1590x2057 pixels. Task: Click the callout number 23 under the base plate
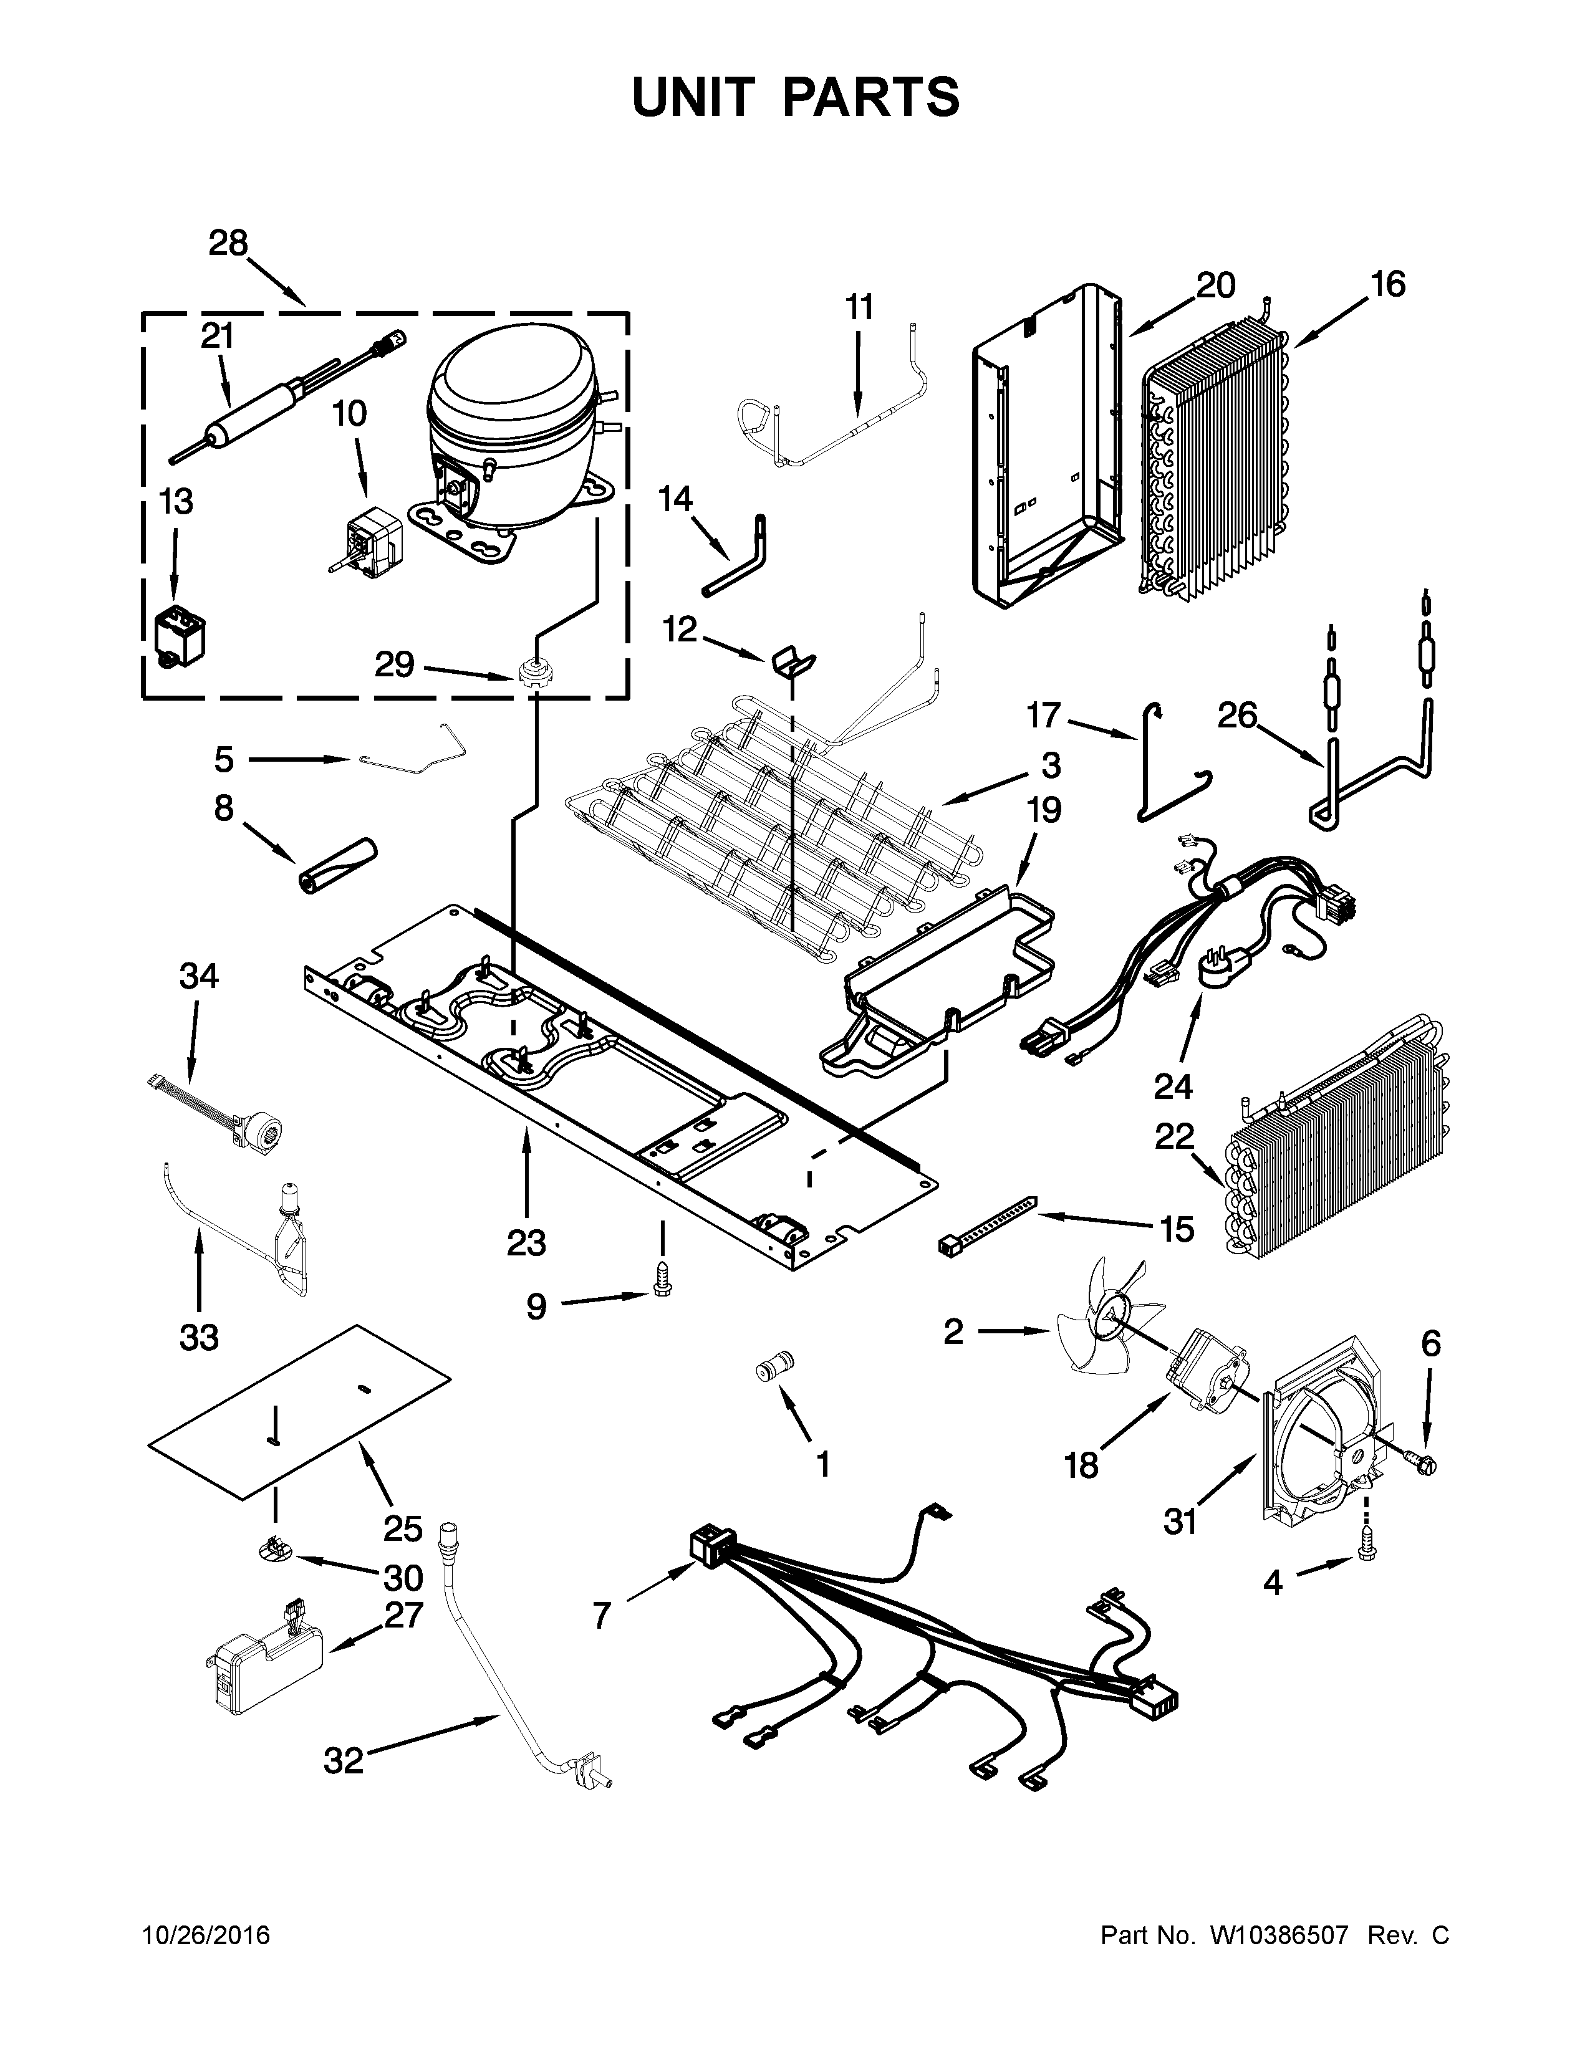(526, 1244)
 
